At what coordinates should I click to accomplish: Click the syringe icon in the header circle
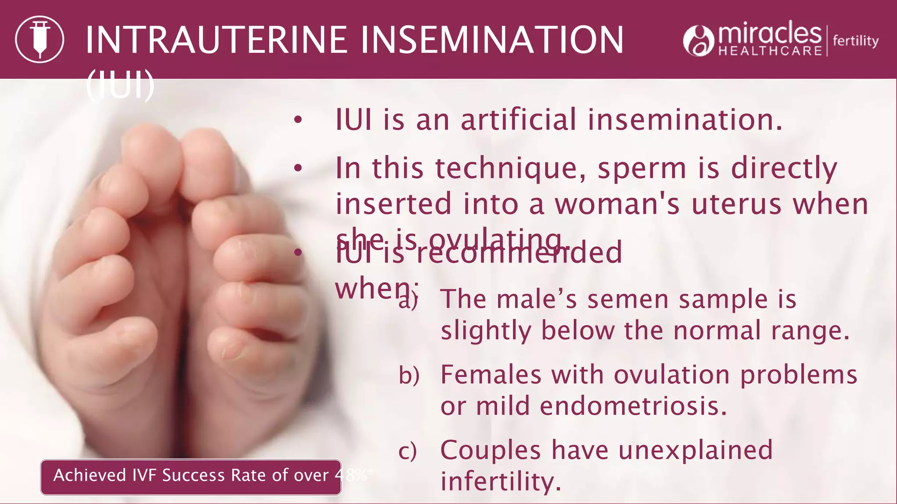39,39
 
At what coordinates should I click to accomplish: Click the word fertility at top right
855,41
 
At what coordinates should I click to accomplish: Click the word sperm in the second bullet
642,168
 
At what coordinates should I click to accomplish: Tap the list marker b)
409,375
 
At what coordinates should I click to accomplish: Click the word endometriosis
633,406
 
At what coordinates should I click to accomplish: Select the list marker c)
407,451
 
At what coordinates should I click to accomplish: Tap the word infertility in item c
501,481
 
